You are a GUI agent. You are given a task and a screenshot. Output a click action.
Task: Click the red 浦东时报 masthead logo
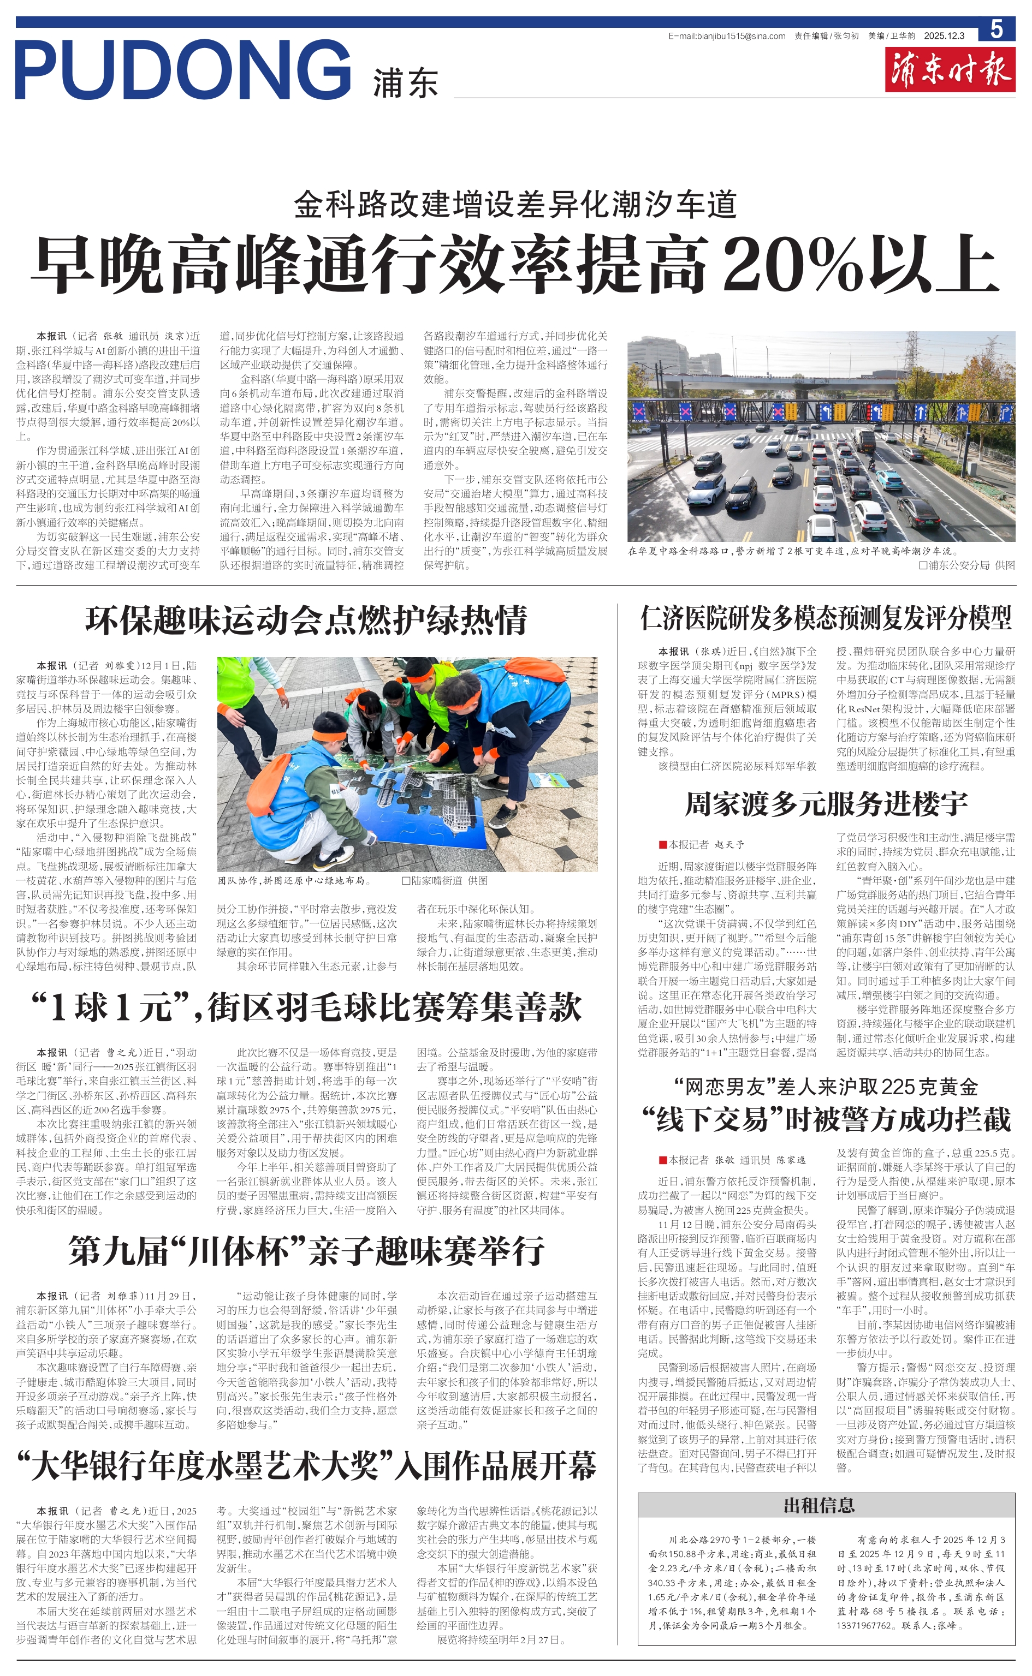click(950, 69)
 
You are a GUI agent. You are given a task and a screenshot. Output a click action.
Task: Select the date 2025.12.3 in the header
click(944, 36)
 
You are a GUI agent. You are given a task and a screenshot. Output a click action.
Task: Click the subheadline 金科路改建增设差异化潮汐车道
click(515, 205)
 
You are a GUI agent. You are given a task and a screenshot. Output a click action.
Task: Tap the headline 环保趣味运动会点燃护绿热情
click(306, 620)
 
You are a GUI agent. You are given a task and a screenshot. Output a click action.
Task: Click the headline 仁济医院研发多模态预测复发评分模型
click(826, 618)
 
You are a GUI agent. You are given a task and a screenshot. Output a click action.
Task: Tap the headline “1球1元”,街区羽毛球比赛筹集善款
click(306, 1008)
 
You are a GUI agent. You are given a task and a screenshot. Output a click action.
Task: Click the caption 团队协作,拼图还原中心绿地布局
click(294, 881)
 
